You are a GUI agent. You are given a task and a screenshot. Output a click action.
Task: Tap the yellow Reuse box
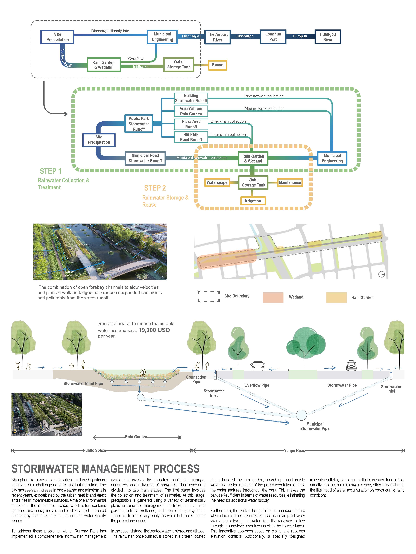click(217, 65)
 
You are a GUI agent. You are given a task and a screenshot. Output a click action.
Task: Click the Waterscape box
click(217, 183)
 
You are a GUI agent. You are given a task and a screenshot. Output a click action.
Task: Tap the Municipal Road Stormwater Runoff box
click(145, 158)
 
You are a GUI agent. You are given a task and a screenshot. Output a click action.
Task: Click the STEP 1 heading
click(50, 171)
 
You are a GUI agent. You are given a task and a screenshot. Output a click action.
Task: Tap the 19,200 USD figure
click(154, 330)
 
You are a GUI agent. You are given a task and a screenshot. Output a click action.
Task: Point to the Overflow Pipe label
click(257, 385)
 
